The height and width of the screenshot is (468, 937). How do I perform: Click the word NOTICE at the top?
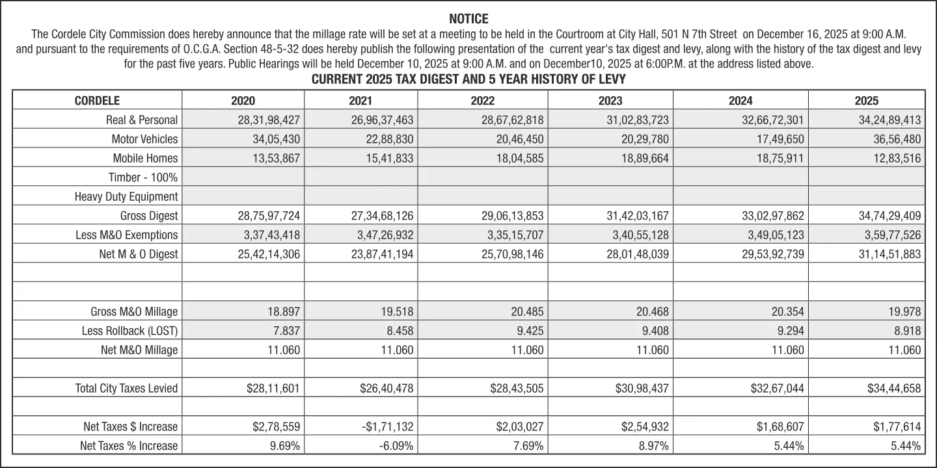point(468,19)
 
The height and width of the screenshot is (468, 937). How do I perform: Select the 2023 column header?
point(610,101)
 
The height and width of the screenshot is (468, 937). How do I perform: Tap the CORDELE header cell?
point(97,101)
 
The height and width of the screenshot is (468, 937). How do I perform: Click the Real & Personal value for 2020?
point(269,120)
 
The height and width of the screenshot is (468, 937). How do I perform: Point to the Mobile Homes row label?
point(145,159)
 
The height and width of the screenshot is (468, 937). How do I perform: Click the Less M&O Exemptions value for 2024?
point(773,235)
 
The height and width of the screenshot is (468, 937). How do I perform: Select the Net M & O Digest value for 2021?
point(382,254)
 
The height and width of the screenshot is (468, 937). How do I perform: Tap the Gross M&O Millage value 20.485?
point(527,312)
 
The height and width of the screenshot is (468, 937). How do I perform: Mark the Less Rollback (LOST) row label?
point(129,331)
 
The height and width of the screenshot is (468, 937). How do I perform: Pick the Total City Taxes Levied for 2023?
point(642,389)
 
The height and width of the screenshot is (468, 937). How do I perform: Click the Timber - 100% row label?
point(143,177)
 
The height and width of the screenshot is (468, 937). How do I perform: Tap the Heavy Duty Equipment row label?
point(126,196)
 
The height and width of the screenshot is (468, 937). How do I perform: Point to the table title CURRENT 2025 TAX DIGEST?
point(468,80)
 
